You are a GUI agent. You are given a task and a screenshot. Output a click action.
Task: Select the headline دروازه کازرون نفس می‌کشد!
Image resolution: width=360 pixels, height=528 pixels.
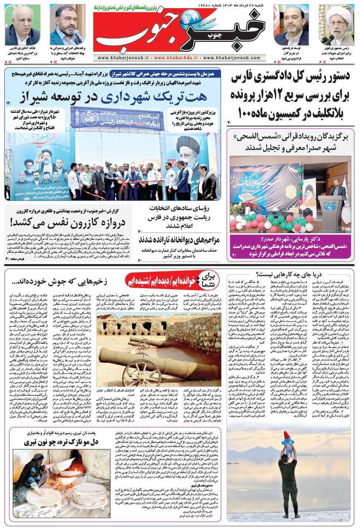click(x=68, y=222)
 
